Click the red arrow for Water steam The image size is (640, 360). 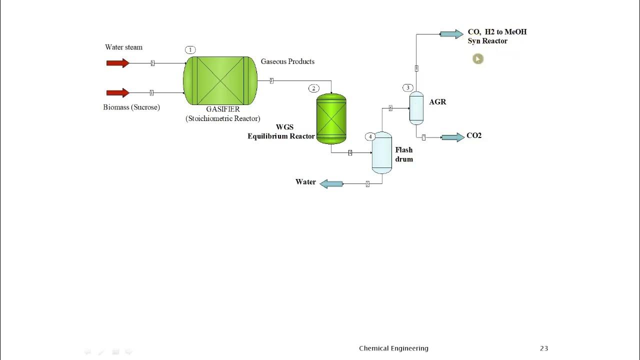(x=117, y=63)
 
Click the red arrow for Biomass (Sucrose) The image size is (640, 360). (x=117, y=92)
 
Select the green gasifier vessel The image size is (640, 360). (x=220, y=80)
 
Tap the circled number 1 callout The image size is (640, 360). (x=190, y=49)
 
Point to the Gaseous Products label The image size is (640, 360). (x=287, y=61)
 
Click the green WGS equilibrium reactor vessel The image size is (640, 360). (x=331, y=119)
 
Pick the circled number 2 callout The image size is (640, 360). (x=313, y=88)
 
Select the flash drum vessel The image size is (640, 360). (x=382, y=152)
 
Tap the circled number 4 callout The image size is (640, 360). (x=370, y=136)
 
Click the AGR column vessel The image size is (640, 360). (x=416, y=107)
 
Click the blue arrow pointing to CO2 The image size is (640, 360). (x=452, y=137)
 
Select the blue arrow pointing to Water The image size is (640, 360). (x=331, y=184)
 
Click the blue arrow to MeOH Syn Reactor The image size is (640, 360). (x=451, y=34)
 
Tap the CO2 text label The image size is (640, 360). (x=474, y=135)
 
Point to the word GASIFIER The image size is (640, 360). (x=223, y=109)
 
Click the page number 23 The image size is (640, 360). (x=544, y=348)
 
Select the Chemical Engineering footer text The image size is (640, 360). (x=393, y=348)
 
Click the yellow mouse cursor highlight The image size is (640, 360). (x=477, y=59)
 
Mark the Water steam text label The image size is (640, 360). (x=123, y=47)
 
